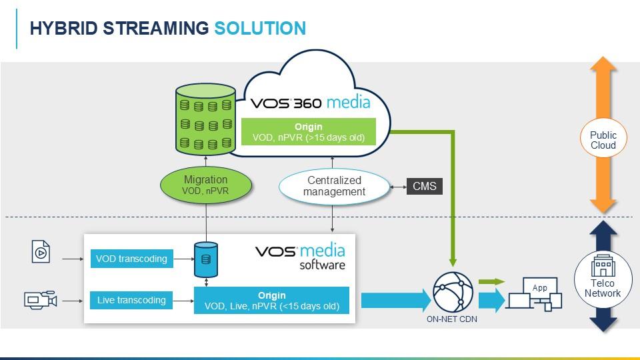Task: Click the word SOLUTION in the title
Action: click(x=260, y=28)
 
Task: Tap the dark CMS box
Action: click(x=425, y=186)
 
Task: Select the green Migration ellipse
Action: click(x=205, y=185)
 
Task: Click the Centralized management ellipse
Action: click(x=334, y=186)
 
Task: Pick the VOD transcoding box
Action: click(x=131, y=259)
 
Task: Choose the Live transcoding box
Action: click(x=131, y=300)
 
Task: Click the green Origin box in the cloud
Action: click(x=308, y=132)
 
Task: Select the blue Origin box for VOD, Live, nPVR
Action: click(x=271, y=301)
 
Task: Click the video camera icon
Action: click(x=41, y=300)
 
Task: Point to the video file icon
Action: click(x=41, y=252)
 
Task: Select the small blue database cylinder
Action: click(x=205, y=259)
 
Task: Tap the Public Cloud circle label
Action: click(x=603, y=140)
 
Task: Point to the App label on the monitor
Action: click(x=539, y=288)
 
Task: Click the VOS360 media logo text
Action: click(x=310, y=103)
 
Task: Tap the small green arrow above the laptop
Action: click(x=491, y=282)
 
